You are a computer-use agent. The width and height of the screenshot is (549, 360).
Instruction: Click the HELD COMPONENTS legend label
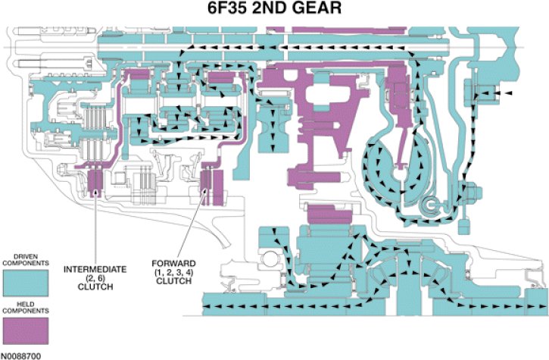tap(25, 311)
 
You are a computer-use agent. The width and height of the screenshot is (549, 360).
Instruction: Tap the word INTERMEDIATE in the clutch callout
tap(95, 269)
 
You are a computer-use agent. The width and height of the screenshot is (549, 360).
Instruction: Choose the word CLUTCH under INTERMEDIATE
tap(95, 287)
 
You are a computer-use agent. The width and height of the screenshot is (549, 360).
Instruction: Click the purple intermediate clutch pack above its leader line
tap(95, 182)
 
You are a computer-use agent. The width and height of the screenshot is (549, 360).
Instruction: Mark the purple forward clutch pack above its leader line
tap(210, 183)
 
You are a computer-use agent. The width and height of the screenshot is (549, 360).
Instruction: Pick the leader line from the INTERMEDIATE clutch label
tap(95, 227)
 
